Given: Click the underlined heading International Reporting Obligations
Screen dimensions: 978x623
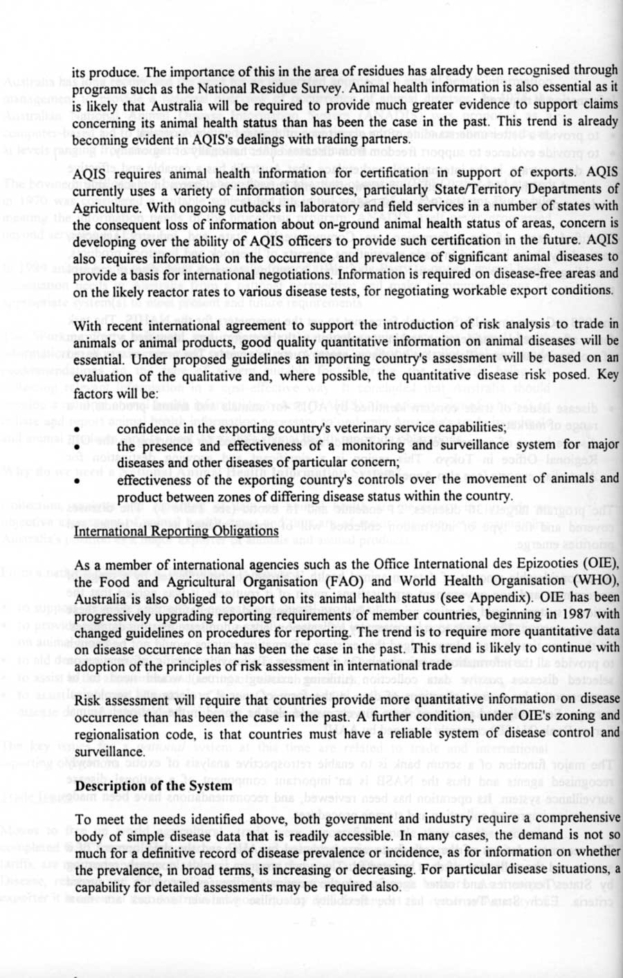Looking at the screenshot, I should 176,532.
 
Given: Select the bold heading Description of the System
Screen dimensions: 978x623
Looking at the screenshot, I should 153,786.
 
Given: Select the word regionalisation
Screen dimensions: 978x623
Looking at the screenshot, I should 116,733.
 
